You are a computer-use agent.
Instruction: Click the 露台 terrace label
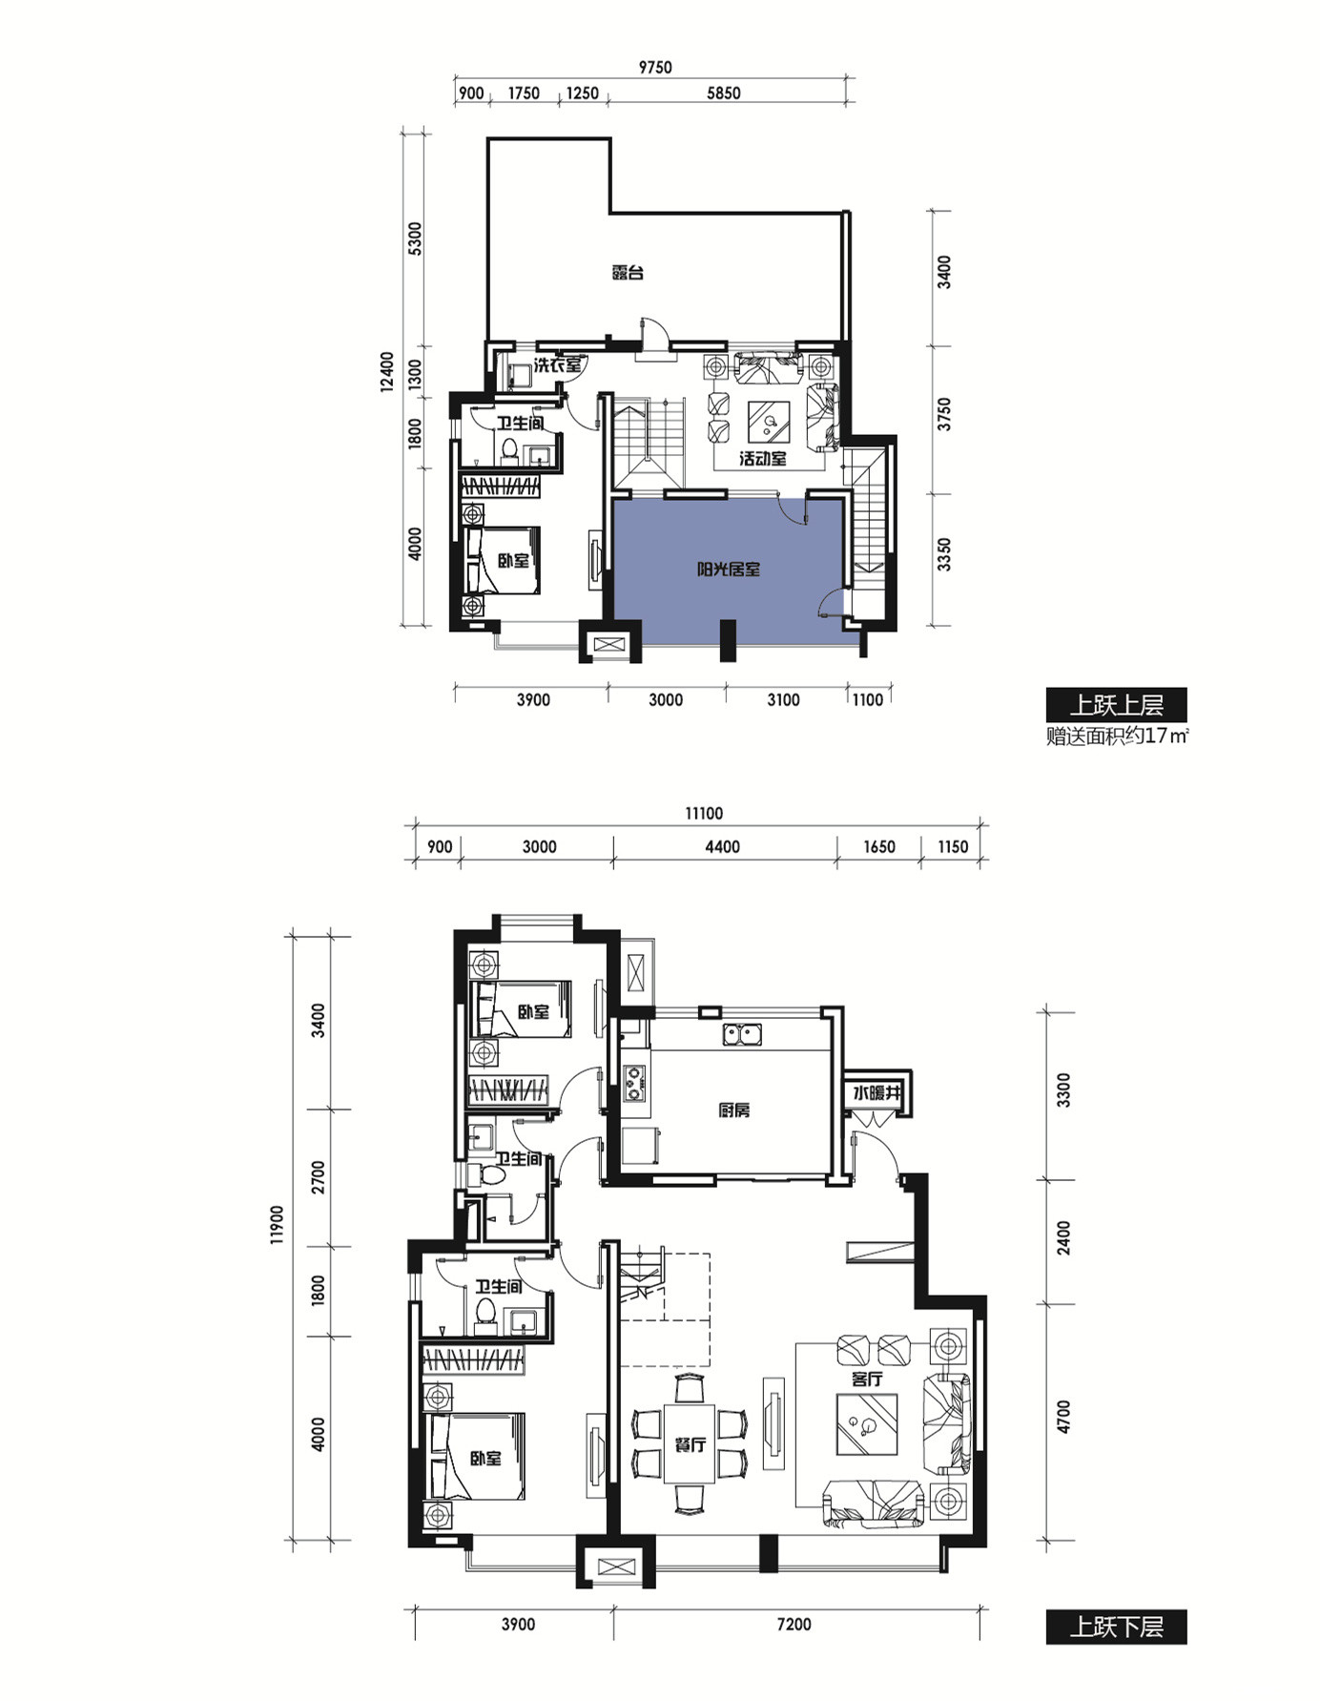628,273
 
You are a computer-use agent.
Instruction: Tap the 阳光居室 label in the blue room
728,570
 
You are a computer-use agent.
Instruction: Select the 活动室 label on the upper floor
763,459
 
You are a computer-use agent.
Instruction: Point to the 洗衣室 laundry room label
558,364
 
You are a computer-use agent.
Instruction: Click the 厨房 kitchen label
734,1110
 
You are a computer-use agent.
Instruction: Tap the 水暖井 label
877,1093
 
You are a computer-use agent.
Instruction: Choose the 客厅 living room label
867,1379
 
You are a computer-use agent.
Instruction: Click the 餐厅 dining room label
691,1444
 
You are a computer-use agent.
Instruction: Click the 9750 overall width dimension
655,67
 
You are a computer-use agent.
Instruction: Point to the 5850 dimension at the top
724,93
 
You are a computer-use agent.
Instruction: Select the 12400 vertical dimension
386,372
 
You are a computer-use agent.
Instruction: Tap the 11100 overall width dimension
704,814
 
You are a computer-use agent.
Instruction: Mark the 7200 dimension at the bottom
794,1625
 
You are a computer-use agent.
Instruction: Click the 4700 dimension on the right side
1063,1416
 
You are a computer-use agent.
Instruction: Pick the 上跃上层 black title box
1116,705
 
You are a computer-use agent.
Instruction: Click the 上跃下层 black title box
1116,1627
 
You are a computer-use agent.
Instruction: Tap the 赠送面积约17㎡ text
1118,736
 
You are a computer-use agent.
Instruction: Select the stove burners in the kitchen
633,1080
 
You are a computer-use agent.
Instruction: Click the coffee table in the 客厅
867,1424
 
